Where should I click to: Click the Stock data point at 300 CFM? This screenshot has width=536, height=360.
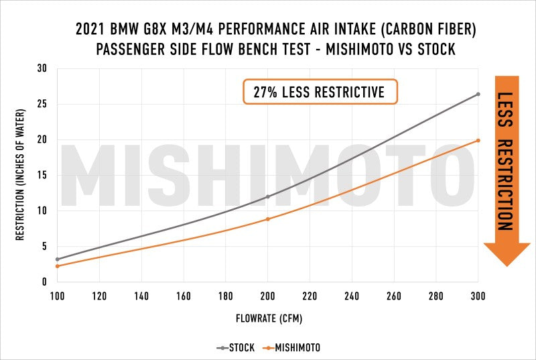pyautogui.click(x=478, y=94)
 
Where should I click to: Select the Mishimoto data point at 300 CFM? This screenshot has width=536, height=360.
pyautogui.click(x=478, y=140)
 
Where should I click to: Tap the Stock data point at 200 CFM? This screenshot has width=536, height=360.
pyautogui.click(x=268, y=196)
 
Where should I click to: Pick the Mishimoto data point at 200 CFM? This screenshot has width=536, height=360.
pyautogui.click(x=268, y=219)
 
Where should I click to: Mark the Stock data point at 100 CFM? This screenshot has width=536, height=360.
pyautogui.click(x=58, y=259)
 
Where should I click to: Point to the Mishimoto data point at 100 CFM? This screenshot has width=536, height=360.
pyautogui.click(x=58, y=266)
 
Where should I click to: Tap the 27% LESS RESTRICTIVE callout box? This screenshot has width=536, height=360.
pyautogui.click(x=320, y=92)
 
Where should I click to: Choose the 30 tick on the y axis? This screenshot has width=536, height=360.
pyautogui.click(x=42, y=68)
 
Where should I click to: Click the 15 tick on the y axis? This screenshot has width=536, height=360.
pyautogui.click(x=42, y=175)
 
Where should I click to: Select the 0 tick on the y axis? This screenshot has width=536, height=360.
pyautogui.click(x=44, y=282)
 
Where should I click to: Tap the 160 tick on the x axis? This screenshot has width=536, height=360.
pyautogui.click(x=184, y=296)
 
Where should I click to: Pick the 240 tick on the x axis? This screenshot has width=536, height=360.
pyautogui.click(x=352, y=296)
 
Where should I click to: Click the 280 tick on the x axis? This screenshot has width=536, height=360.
pyautogui.click(x=435, y=296)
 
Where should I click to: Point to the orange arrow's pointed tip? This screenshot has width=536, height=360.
pyautogui.click(x=507, y=265)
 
